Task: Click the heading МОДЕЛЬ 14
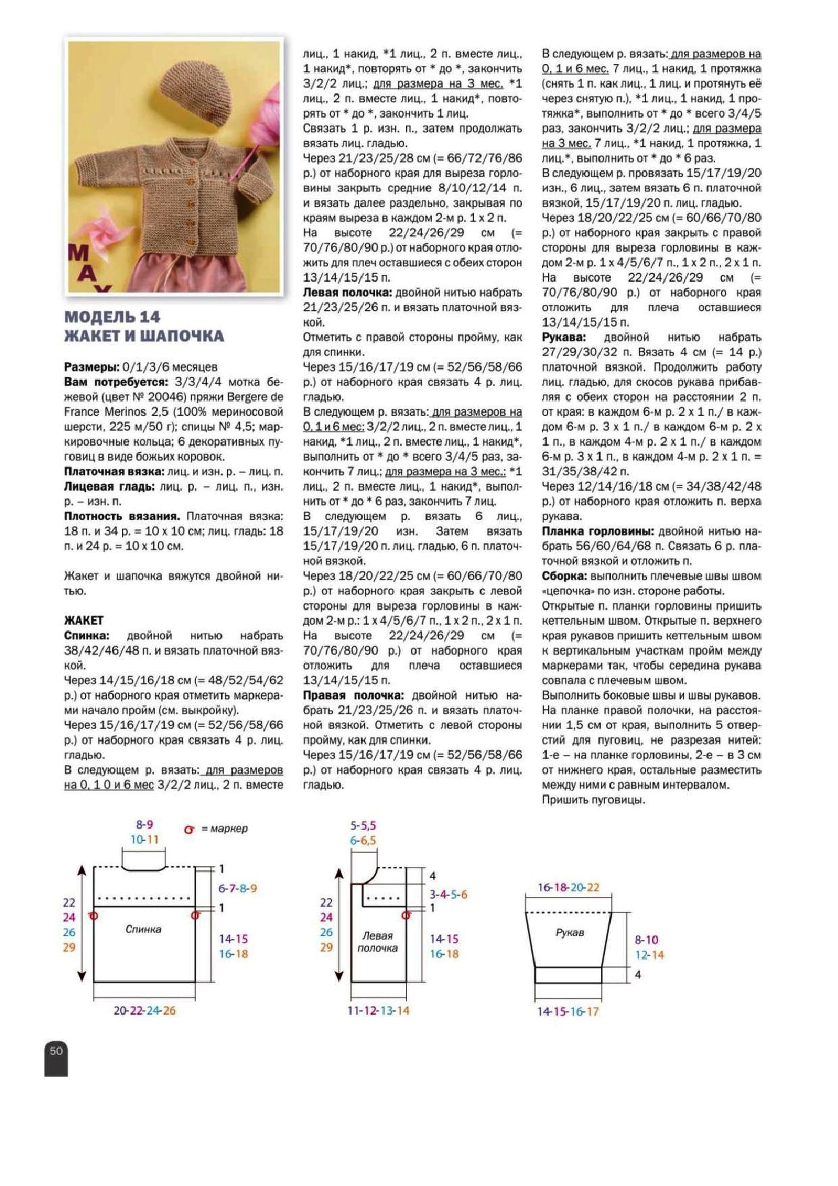112,316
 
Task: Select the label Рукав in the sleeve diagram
570,932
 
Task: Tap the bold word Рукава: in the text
564,337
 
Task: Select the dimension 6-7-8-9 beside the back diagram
238,888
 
